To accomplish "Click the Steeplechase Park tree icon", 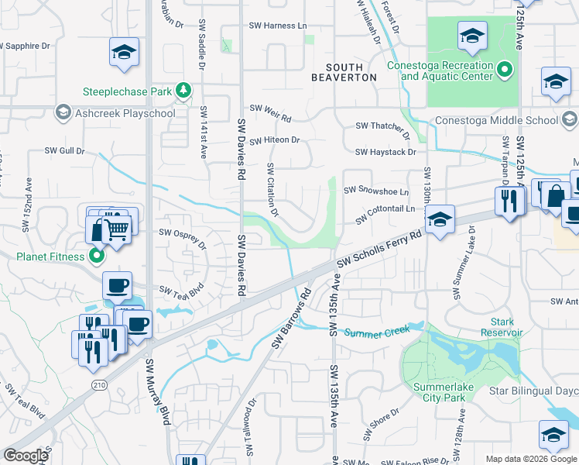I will coord(183,91).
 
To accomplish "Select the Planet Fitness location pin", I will coord(97,255).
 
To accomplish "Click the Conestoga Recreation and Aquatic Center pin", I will coord(505,71).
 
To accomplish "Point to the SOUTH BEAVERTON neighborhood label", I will coord(344,72).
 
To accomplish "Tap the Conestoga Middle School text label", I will coord(495,120).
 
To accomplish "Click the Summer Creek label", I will coord(375,332).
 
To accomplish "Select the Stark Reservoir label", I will coord(507,326).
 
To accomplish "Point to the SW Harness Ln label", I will coord(277,26).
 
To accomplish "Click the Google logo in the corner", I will coord(26,455).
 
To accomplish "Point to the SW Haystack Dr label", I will coord(391,153).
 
